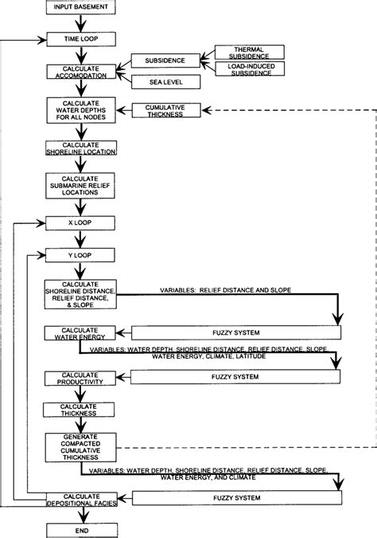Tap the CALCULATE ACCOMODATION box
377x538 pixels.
(x=82, y=72)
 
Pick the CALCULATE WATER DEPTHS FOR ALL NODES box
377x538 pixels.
(x=82, y=108)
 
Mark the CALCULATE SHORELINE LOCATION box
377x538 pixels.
(x=82, y=147)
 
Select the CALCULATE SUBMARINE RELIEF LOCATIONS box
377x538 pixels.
(x=82, y=187)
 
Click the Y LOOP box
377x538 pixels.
(x=82, y=256)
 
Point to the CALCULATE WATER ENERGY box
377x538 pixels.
(x=82, y=332)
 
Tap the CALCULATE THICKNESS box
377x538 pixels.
(x=82, y=409)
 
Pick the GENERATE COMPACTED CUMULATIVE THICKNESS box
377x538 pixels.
(x=82, y=444)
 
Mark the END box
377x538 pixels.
(x=82, y=529)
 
